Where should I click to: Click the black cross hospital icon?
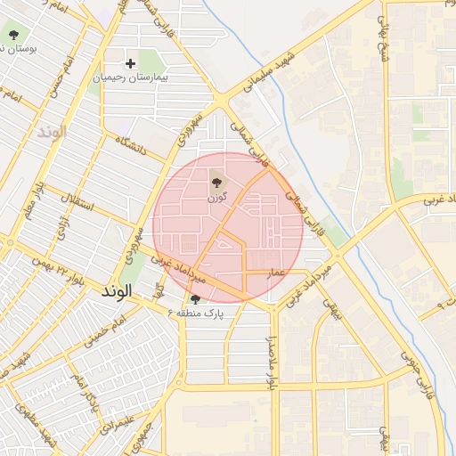[x=131, y=63]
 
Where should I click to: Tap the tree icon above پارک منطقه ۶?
[x=195, y=298]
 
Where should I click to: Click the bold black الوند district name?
[x=117, y=291]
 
